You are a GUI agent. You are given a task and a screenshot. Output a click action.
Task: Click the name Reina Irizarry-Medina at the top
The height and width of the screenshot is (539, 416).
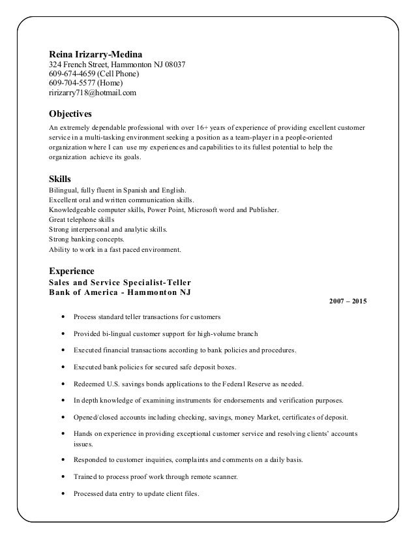[x=97, y=54]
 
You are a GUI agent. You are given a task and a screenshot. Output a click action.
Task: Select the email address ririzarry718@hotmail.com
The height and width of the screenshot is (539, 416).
[x=93, y=93]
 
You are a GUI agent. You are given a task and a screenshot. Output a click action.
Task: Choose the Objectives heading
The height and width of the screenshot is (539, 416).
[x=74, y=112]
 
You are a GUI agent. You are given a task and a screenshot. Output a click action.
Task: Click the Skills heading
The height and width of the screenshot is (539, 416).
[x=61, y=178]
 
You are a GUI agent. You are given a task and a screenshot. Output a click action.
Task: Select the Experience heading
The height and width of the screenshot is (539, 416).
[x=72, y=270]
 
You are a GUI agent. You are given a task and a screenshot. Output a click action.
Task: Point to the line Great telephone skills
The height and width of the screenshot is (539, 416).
[x=80, y=220]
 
